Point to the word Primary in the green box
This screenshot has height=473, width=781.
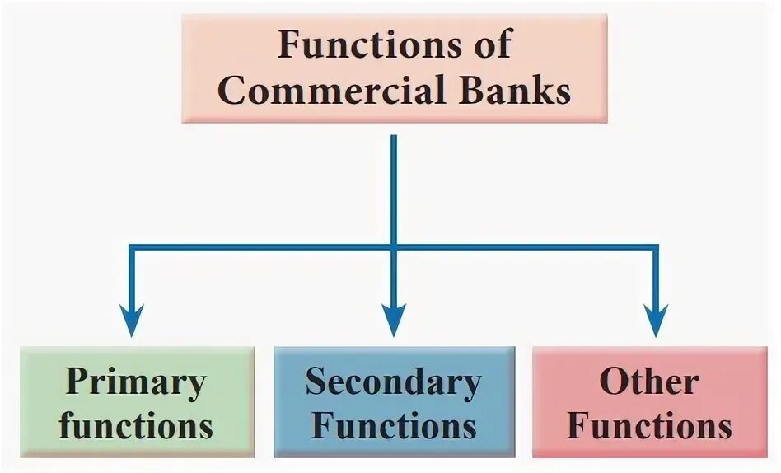click(x=136, y=382)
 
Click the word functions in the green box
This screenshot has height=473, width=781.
click(x=136, y=426)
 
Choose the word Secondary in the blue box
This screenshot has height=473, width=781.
click(x=394, y=382)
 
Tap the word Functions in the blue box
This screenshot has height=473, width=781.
click(x=394, y=426)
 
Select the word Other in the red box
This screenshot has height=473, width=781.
click(x=650, y=382)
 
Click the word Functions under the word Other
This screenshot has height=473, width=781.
click(x=650, y=426)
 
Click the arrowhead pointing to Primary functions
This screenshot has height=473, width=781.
click(x=130, y=321)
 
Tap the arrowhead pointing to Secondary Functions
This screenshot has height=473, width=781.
click(x=394, y=321)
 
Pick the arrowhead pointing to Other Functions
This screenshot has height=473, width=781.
click(x=656, y=321)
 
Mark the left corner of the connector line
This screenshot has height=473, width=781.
click(x=130, y=247)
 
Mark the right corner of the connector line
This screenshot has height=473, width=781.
click(x=656, y=247)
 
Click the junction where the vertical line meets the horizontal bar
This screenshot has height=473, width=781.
click(x=394, y=247)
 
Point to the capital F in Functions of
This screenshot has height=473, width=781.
click(x=288, y=43)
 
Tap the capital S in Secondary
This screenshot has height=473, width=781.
click(x=316, y=382)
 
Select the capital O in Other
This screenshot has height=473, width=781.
click(x=614, y=382)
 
